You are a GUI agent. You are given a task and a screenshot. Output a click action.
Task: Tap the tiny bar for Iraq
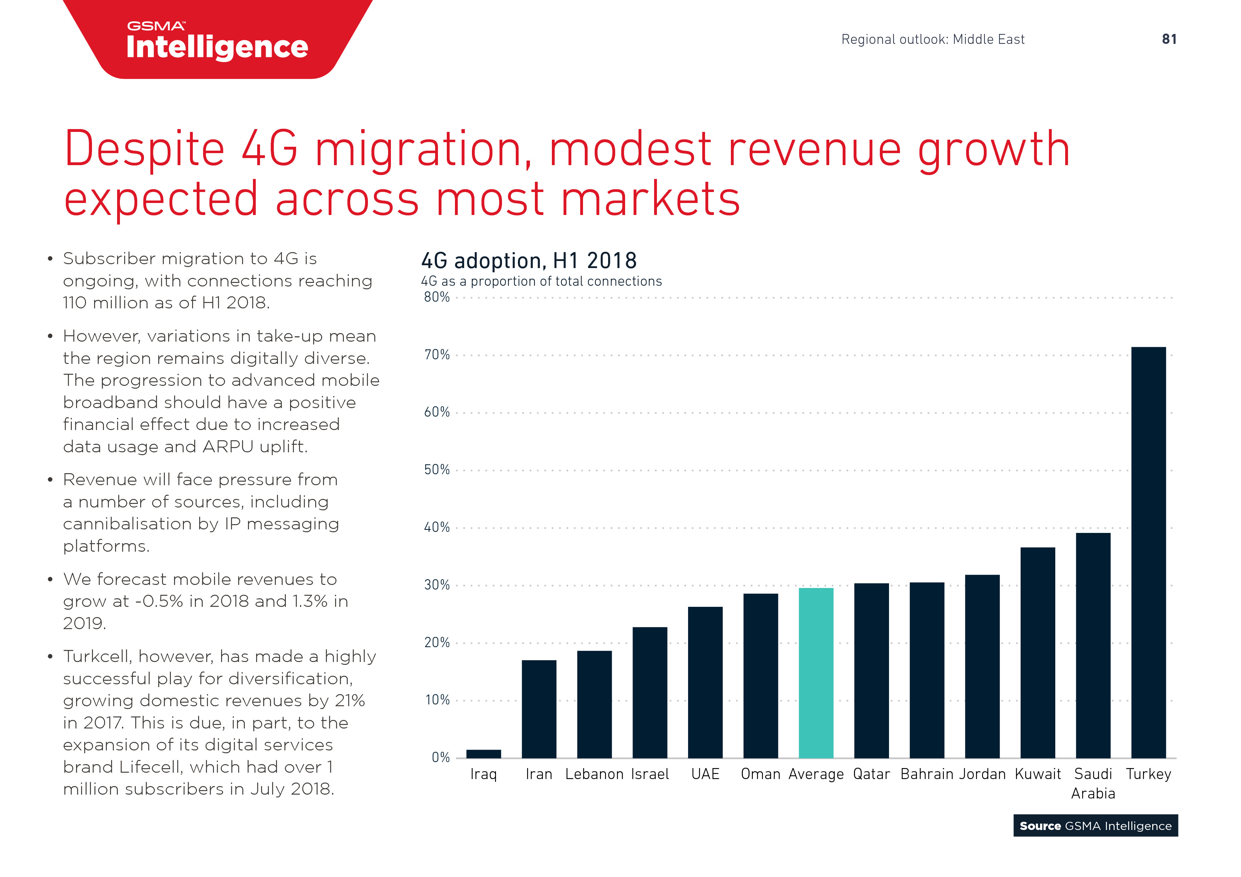tap(483, 753)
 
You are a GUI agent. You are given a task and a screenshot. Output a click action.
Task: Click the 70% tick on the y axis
tap(437, 355)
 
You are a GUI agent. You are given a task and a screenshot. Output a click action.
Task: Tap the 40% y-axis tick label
tap(437, 527)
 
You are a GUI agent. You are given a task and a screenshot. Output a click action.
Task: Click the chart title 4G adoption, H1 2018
tap(529, 261)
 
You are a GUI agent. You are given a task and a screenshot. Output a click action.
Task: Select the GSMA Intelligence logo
tap(217, 42)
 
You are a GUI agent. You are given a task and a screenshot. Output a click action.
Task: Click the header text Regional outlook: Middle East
tap(933, 40)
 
